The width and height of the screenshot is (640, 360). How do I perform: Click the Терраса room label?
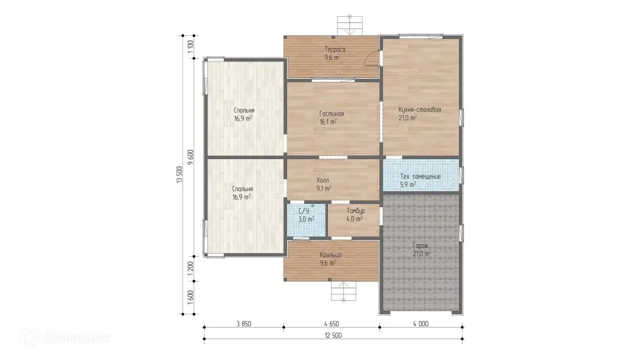[335, 49]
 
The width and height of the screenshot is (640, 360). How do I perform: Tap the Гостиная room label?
[331, 113]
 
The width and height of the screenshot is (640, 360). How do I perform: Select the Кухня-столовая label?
[419, 109]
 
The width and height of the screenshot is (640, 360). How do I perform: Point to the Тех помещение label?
[420, 176]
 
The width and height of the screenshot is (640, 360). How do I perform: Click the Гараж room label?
[420, 245]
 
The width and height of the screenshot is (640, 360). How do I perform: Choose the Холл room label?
[322, 180]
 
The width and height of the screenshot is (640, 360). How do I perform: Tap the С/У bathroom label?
[303, 211]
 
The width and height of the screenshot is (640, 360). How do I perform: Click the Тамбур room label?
[355, 211]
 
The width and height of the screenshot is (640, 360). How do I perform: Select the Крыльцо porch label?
[330, 255]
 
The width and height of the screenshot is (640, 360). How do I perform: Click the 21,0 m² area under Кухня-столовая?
[407, 117]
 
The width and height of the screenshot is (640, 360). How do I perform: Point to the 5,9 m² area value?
[408, 185]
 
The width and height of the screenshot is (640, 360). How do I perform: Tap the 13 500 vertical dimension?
[179, 174]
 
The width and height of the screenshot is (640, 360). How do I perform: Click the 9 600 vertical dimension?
[190, 157]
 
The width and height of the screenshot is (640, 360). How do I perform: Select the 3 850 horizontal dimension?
[243, 323]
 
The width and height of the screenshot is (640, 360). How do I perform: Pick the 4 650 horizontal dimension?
[331, 323]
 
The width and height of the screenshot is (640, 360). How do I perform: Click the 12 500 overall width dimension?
[333, 335]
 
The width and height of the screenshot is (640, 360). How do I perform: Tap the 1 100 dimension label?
[190, 46]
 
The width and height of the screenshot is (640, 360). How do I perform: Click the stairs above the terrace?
[349, 25]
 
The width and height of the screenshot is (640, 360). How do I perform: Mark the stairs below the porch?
[343, 291]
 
